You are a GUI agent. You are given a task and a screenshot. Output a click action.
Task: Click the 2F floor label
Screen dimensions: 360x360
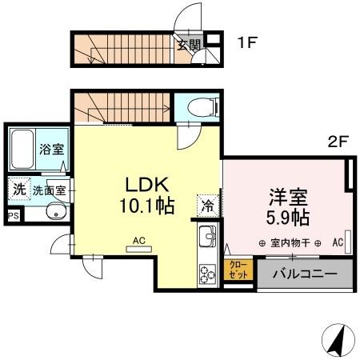[338, 144]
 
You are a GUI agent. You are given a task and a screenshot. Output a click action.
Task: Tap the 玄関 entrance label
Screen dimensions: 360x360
[188, 45]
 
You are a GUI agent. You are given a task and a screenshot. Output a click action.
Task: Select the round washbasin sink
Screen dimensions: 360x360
[55, 212]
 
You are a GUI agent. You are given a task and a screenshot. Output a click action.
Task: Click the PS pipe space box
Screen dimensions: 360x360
[12, 215]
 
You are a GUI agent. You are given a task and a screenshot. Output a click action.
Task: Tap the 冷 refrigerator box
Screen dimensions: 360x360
[206, 205]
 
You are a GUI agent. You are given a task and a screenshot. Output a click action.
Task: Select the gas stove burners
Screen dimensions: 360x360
[206, 273]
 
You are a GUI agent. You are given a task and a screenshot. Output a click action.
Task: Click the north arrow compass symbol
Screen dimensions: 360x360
[337, 342]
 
